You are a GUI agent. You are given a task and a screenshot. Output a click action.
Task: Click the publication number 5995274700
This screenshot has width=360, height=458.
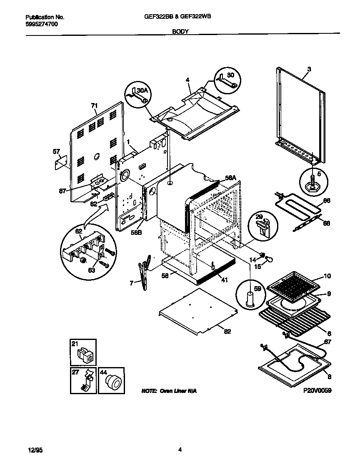click(41, 25)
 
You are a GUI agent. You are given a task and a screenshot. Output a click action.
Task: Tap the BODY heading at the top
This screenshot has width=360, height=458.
click(180, 31)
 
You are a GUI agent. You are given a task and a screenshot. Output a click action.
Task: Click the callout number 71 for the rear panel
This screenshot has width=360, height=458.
click(94, 106)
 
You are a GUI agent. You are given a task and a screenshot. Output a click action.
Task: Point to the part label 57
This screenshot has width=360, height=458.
click(57, 151)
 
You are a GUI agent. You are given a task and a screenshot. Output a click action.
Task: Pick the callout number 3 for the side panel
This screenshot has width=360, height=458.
click(309, 68)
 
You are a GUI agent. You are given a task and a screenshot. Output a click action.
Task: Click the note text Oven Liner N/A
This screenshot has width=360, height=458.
click(169, 391)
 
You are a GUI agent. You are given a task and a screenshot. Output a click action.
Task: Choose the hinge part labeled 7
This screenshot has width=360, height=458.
click(144, 273)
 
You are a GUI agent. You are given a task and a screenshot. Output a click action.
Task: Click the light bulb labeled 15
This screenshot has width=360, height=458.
click(271, 260)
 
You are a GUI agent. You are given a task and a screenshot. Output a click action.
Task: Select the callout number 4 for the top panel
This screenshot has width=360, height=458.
click(187, 80)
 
